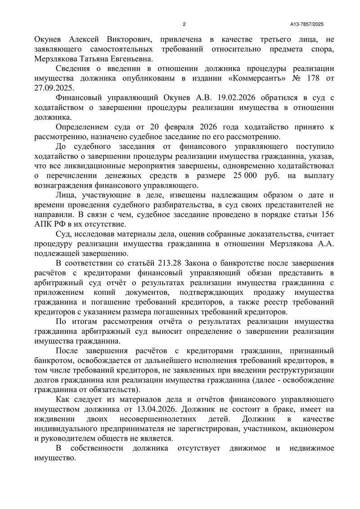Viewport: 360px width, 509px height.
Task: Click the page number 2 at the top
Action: (x=184, y=24)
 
